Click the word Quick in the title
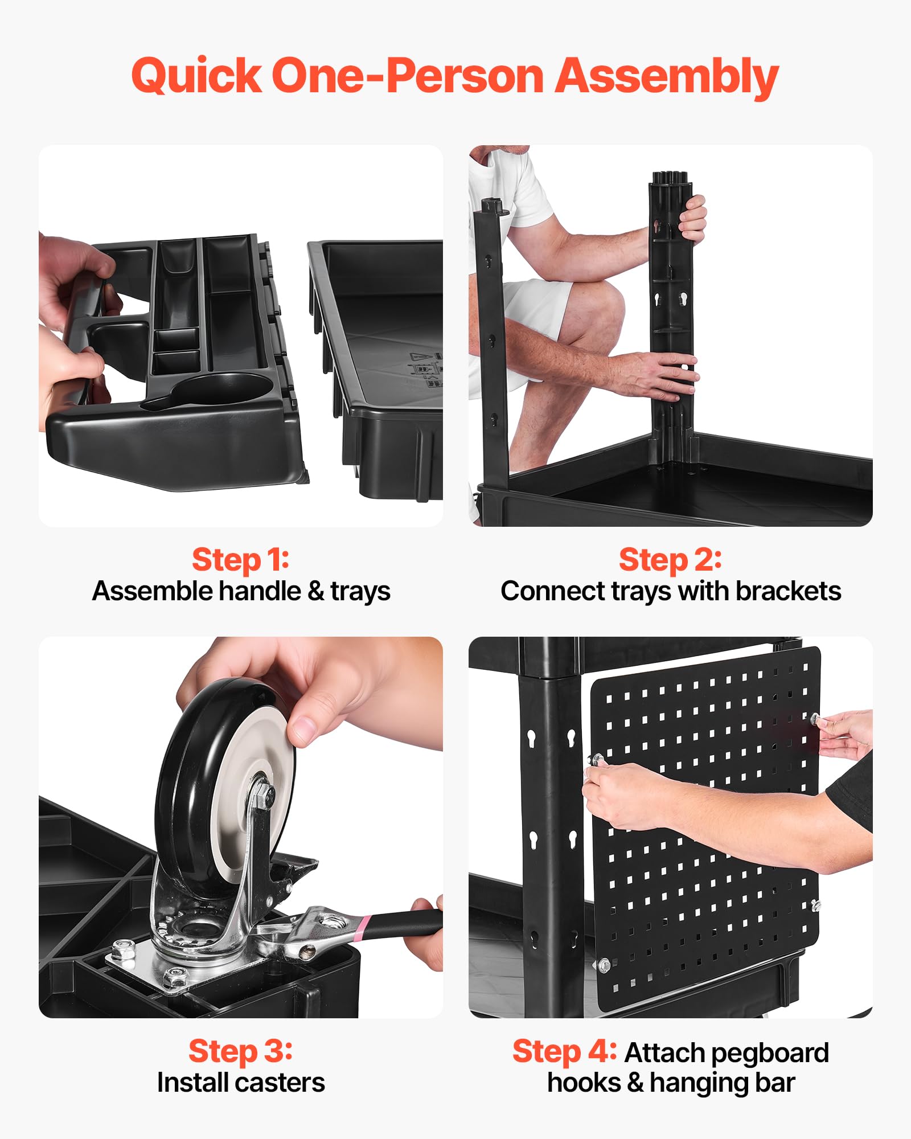click(196, 76)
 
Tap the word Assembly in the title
click(667, 77)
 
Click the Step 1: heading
click(241, 559)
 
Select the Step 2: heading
click(670, 559)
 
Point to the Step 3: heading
click(241, 1051)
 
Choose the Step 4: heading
click(564, 1051)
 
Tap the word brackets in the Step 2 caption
click(788, 591)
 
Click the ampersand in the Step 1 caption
click(315, 591)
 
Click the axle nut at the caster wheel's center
click(263, 793)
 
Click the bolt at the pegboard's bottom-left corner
click(604, 965)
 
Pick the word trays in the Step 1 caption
click(360, 592)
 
